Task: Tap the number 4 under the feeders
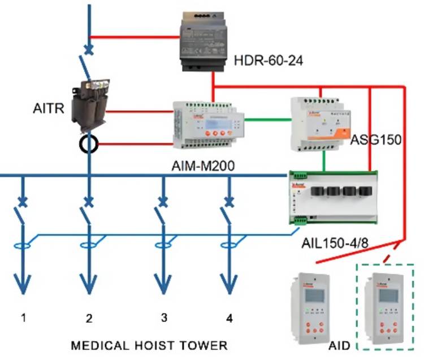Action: click(x=229, y=319)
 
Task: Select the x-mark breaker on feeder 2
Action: click(x=89, y=201)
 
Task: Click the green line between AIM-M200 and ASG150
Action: click(x=266, y=119)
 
